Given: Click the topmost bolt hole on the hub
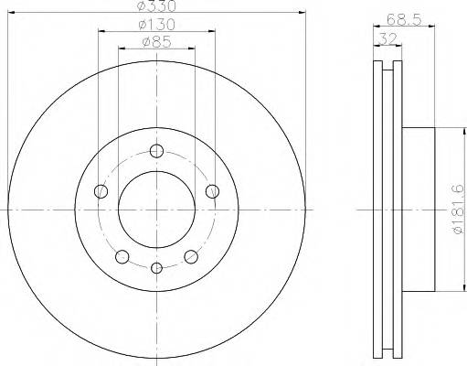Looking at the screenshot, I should click(x=156, y=152).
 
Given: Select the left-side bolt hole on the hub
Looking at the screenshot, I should click(x=101, y=191).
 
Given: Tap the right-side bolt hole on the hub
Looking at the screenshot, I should click(x=213, y=190).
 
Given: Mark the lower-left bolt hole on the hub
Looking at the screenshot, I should click(x=122, y=256).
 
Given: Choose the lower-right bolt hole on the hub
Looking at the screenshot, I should click(x=191, y=256).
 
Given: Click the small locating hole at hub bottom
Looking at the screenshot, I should click(x=156, y=267).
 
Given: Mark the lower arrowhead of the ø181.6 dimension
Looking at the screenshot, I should click(x=448, y=293).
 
